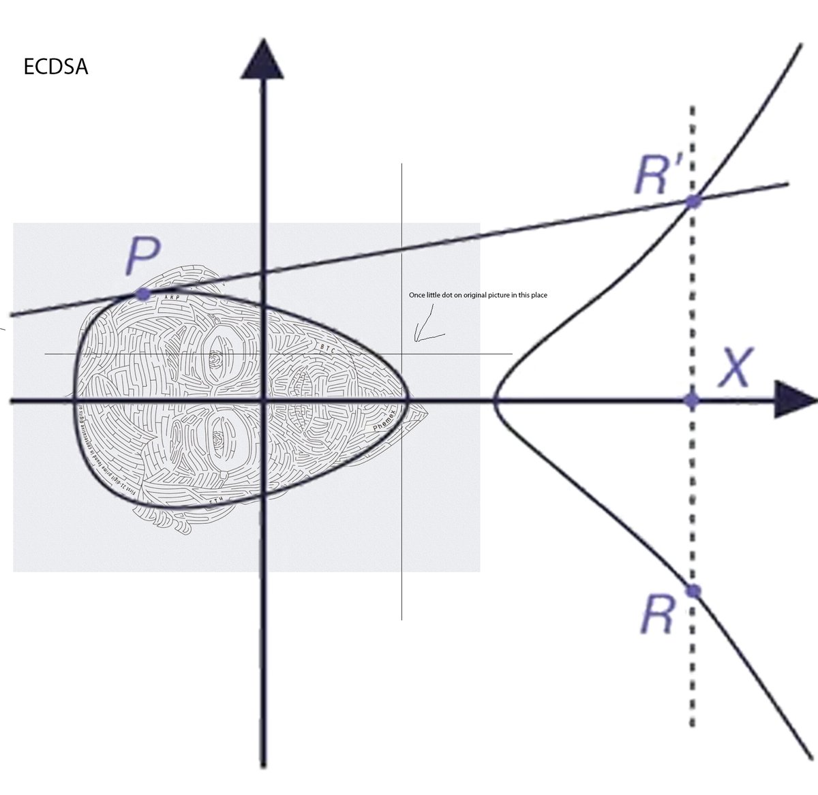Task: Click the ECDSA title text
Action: tap(56, 68)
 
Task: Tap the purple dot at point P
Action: tap(142, 294)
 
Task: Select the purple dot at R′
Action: tap(693, 201)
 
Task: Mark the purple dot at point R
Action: tap(693, 591)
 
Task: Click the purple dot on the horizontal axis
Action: tap(692, 401)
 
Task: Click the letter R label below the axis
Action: tap(658, 617)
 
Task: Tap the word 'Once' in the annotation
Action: tap(416, 295)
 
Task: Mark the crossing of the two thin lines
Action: tap(402, 354)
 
